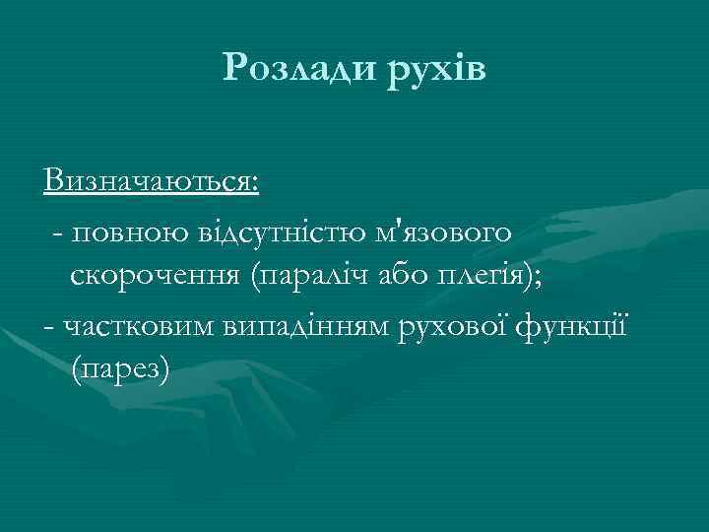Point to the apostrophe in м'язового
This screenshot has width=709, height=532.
point(395,226)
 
